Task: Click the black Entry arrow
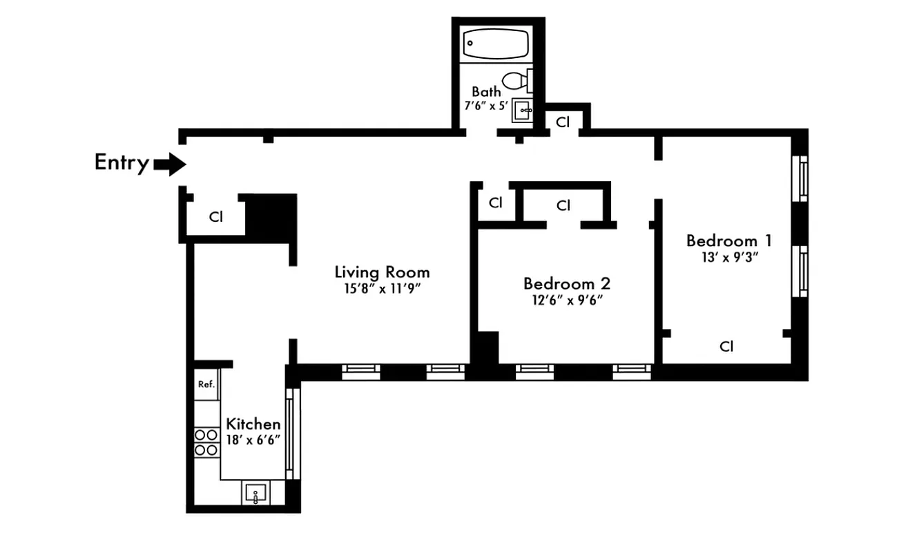click(x=170, y=164)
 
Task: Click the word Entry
click(x=122, y=163)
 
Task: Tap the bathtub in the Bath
click(x=496, y=44)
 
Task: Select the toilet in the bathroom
click(x=514, y=81)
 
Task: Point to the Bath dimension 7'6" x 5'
click(x=486, y=106)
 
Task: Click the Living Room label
click(x=382, y=272)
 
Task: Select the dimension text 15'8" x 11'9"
click(x=382, y=288)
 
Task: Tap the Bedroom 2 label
click(x=566, y=283)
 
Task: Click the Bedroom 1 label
click(x=728, y=241)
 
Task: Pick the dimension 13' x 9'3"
click(x=728, y=257)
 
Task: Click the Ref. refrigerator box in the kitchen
click(x=206, y=384)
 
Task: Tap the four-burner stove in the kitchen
click(x=206, y=442)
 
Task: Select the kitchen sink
click(x=255, y=494)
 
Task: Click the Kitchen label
click(x=253, y=424)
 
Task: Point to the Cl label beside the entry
click(x=216, y=217)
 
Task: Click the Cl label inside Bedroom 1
click(x=726, y=346)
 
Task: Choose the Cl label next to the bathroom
click(x=563, y=122)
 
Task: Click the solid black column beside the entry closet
click(x=271, y=217)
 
